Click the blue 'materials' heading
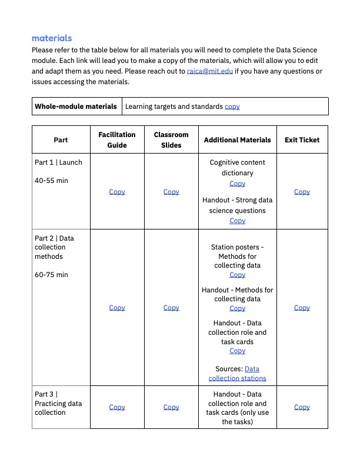52,38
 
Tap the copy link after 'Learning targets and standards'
232,106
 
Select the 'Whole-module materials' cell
76,106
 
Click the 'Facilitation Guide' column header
117,140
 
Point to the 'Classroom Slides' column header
171,140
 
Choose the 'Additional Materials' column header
237,140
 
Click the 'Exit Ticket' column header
302,140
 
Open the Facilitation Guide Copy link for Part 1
117,192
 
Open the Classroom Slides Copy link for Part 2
171,308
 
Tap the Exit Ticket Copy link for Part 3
302,407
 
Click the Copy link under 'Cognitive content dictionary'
237,184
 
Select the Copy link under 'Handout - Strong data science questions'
237,221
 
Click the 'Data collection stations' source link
237,378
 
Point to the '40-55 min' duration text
51,181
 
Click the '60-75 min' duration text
51,275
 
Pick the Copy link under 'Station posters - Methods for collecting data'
237,275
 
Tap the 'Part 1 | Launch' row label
58,162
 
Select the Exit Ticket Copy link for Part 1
302,192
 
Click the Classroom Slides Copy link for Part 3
171,407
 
